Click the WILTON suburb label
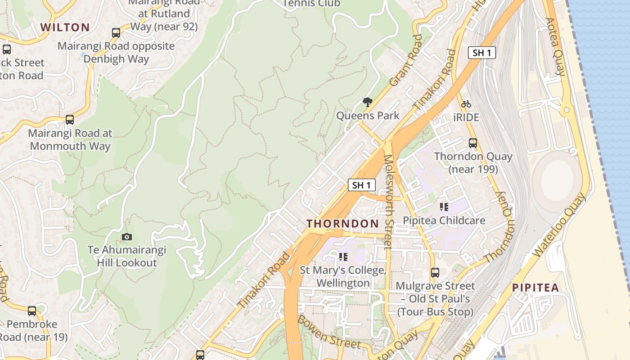[x=65, y=27]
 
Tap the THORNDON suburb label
[x=342, y=224]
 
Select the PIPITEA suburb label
[x=535, y=288]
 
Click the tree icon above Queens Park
[x=368, y=102]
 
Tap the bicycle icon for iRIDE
[x=466, y=104]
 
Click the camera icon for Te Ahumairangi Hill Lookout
[x=127, y=237]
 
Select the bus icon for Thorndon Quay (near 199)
[x=473, y=143]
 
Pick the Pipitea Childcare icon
[x=444, y=207]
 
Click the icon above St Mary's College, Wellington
[x=343, y=257]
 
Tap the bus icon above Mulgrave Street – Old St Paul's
[x=435, y=272]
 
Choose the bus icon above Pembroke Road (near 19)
[x=32, y=310]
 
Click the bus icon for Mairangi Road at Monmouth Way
[x=70, y=120]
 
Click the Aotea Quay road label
[x=554, y=47]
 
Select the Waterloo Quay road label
[x=559, y=225]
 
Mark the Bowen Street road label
[x=329, y=332]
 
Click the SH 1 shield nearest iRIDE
[x=481, y=53]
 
